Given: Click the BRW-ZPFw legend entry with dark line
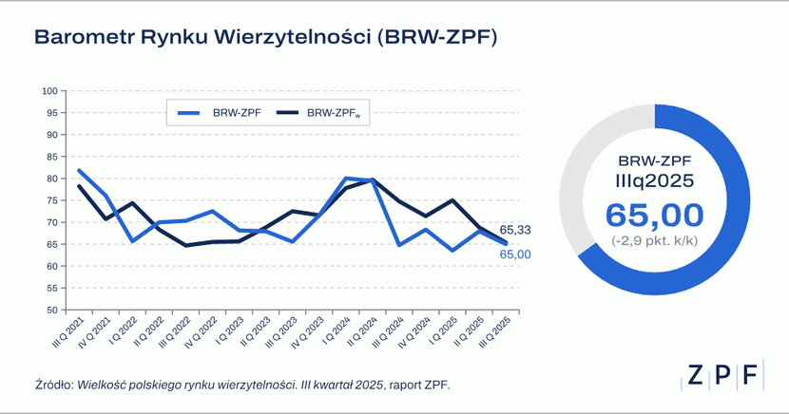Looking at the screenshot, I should (323, 113).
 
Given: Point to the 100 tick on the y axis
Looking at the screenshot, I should (51, 91).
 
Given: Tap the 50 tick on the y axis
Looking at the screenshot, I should (53, 310).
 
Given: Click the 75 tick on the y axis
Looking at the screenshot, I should (53, 200).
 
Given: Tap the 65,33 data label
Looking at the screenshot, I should (513, 231).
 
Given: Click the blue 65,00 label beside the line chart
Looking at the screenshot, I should (513, 254).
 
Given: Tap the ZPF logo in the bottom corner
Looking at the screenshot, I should (722, 375).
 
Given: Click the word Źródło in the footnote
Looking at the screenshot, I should (51, 385).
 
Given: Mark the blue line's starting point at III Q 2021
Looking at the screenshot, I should (79, 171).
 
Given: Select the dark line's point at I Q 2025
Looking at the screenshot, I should (452, 200).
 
